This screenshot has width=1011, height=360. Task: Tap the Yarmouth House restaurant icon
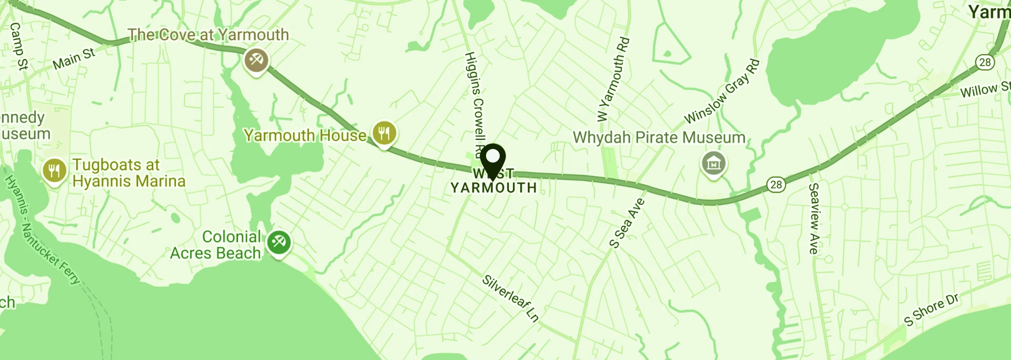(384, 133)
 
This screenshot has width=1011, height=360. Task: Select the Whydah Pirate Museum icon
(713, 164)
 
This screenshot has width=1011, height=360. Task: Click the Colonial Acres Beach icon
(279, 243)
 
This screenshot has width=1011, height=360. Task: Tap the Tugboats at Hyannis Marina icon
(54, 171)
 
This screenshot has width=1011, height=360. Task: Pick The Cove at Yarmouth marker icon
(256, 60)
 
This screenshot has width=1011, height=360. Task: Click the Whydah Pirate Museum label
(659, 138)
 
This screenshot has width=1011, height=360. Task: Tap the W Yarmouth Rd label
(613, 79)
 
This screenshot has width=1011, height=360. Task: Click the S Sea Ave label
(627, 223)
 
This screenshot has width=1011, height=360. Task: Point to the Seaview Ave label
(814, 218)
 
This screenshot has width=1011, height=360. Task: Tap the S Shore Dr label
(931, 310)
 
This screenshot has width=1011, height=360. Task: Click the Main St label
(74, 58)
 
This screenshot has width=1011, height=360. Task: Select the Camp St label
(18, 46)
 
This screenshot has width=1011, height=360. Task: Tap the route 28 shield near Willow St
(985, 62)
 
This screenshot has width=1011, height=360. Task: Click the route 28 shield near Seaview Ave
(776, 185)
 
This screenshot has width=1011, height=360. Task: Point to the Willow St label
(985, 90)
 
